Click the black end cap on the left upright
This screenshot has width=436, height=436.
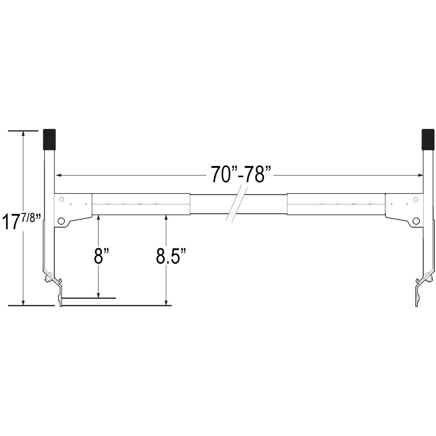click(x=49, y=139)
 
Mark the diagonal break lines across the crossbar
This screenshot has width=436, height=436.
click(x=238, y=204)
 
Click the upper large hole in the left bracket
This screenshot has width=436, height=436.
click(x=61, y=199)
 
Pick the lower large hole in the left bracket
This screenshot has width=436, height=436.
click(x=61, y=221)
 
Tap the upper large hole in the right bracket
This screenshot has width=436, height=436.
click(x=415, y=199)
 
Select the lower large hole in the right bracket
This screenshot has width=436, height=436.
click(x=416, y=221)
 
